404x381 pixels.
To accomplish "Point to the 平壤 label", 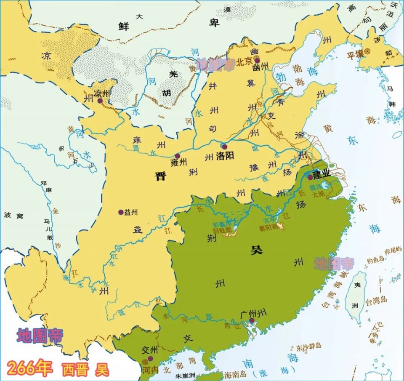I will [x=355, y=55].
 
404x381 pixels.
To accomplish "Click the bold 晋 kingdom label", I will [x=160, y=176].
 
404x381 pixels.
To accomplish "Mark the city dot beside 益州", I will [x=121, y=212].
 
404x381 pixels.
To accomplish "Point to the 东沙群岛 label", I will [x=308, y=346].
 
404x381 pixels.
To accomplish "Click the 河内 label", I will [x=149, y=370].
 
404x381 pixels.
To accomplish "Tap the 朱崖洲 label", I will [x=186, y=376].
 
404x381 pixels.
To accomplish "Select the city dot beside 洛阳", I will [x=224, y=147].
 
